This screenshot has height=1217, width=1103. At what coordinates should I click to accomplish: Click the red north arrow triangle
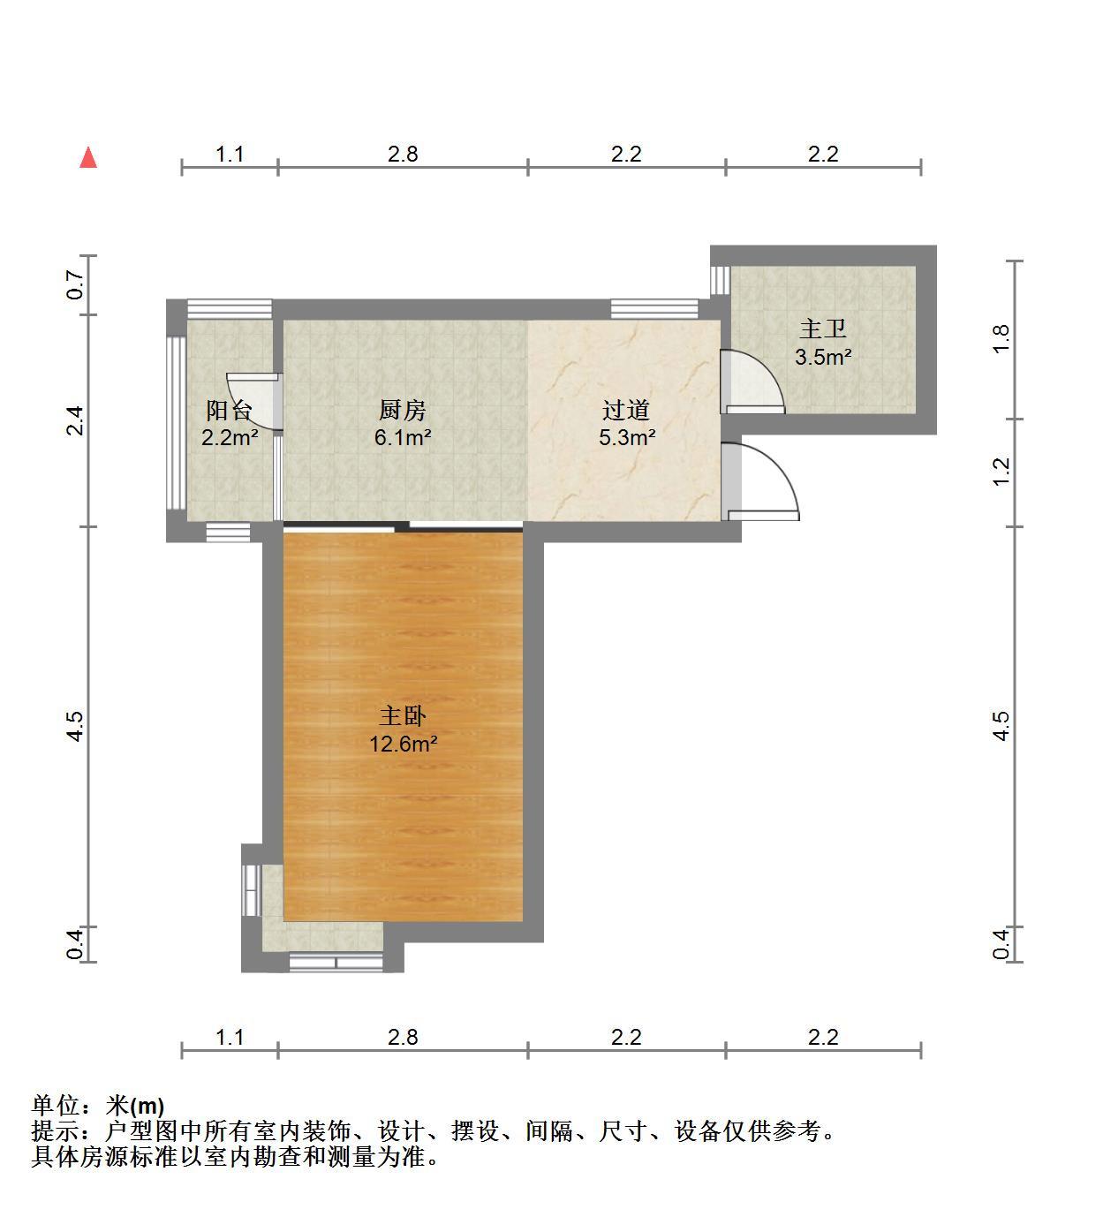(88, 157)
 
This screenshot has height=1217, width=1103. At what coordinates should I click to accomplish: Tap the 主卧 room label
(403, 716)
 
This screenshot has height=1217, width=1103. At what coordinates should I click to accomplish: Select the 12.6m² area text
(404, 744)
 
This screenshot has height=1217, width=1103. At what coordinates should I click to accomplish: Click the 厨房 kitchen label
(402, 410)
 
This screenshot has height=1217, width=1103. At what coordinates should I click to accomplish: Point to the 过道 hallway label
(626, 410)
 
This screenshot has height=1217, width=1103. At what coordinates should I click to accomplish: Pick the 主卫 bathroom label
(823, 329)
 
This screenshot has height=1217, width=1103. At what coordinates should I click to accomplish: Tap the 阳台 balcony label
(229, 411)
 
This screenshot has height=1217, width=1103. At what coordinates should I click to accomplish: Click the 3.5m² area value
(823, 357)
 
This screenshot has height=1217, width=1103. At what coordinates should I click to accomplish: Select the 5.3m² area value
(627, 437)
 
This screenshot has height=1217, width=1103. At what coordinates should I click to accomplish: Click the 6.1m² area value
(403, 437)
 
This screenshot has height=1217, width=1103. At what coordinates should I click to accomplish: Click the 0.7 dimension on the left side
(75, 284)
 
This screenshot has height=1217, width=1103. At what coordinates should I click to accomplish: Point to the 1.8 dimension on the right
(1001, 340)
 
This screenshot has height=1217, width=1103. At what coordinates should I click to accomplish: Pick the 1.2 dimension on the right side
(1001, 472)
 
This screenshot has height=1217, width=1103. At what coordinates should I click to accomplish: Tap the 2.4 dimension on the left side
(75, 420)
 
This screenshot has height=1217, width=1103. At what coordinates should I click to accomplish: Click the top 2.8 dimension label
(403, 154)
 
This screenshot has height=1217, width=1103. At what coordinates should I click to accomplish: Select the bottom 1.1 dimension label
(230, 1038)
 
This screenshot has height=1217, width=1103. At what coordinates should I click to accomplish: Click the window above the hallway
(654, 309)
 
